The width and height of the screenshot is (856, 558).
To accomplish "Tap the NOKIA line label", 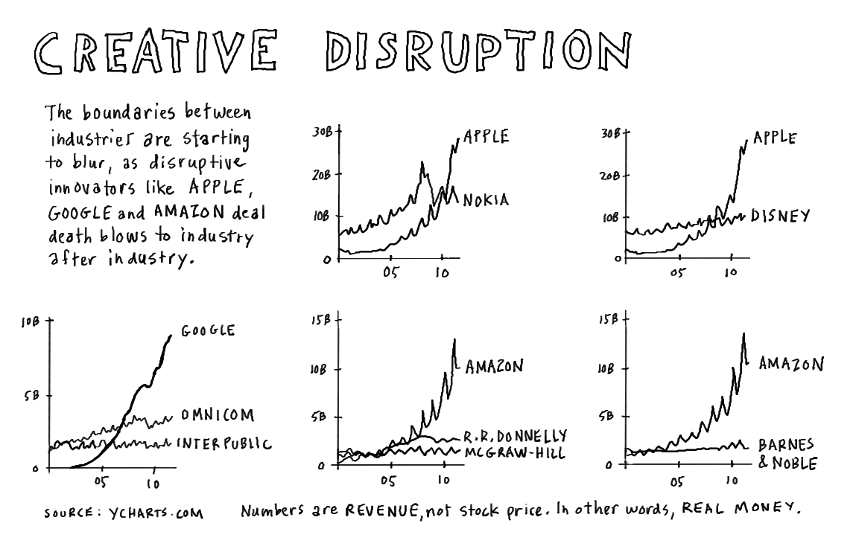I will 486,200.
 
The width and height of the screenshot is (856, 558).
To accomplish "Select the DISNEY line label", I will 780,217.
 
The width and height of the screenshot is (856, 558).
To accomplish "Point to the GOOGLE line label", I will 208,330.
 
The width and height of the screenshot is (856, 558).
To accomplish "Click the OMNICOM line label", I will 215,414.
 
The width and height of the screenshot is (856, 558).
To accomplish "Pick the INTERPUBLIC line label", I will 223,444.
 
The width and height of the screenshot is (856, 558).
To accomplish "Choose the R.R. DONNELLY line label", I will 515,435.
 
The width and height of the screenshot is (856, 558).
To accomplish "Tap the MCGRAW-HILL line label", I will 515,452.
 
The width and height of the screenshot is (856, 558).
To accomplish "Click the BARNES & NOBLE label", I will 786,455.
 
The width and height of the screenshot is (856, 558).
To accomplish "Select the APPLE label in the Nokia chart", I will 486,137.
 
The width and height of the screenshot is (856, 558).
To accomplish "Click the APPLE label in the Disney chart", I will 775,138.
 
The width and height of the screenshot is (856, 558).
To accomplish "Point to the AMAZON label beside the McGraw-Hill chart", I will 494,366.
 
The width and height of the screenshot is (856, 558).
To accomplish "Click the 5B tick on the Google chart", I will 31,396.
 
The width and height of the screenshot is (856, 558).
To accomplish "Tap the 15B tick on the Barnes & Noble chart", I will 609,320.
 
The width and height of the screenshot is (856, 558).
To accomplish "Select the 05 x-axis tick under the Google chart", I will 102,483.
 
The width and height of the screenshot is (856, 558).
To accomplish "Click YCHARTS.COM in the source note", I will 156,513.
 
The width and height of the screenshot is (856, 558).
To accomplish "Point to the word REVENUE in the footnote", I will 382,511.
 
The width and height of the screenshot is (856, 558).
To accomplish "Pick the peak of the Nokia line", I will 422,161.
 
